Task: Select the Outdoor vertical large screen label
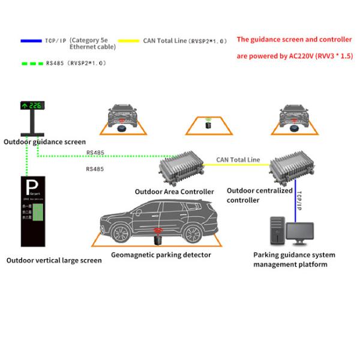(53, 260)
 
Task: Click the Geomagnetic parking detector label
(161, 254)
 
